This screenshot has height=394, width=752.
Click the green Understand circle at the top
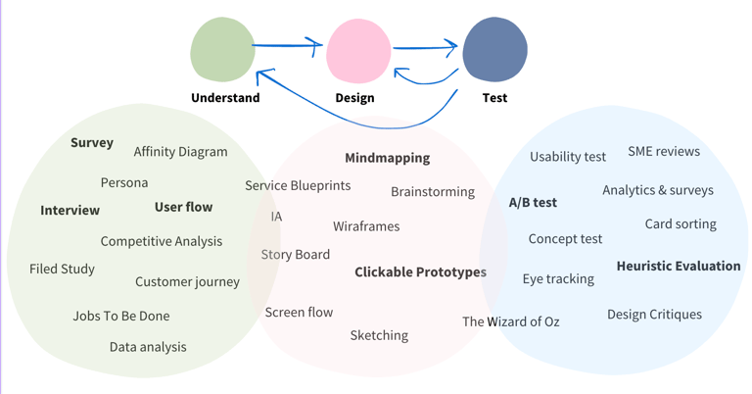(x=223, y=49)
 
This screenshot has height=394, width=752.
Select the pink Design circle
(x=358, y=51)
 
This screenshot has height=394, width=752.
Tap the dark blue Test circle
(x=494, y=50)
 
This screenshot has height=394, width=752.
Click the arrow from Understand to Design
(x=287, y=44)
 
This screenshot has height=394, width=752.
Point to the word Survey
(x=92, y=142)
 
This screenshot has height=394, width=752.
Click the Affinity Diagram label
(x=180, y=152)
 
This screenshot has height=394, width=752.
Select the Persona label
(x=124, y=182)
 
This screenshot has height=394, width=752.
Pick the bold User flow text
(x=183, y=207)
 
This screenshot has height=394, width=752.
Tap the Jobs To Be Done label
(x=120, y=316)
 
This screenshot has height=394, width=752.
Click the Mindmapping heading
(x=387, y=158)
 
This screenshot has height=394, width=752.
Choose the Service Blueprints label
(x=298, y=185)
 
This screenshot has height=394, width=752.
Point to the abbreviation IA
(x=276, y=216)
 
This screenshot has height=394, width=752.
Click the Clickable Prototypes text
(x=420, y=272)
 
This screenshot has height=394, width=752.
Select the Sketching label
(x=379, y=335)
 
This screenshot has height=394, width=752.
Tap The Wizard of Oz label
(x=511, y=321)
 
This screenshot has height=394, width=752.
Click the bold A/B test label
(x=533, y=203)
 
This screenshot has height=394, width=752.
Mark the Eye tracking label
(x=558, y=279)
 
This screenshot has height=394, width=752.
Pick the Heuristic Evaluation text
(x=679, y=266)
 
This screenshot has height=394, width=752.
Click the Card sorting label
(x=681, y=223)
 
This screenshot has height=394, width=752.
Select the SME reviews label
(x=664, y=151)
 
